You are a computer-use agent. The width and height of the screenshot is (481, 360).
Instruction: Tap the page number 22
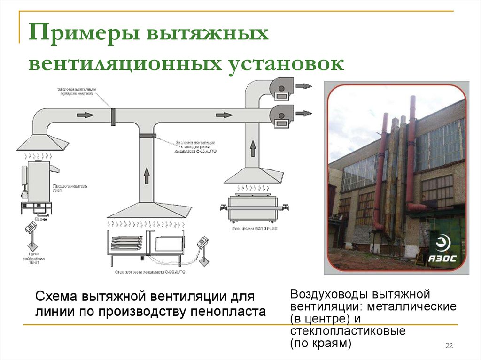(449, 346)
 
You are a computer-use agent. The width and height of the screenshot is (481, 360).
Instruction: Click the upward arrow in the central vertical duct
(147, 176)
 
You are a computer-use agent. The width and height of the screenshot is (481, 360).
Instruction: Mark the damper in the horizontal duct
(113, 116)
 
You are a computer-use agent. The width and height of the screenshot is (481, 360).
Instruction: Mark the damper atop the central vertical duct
(147, 136)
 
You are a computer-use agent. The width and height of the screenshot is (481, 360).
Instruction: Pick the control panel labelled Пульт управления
(32, 227)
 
